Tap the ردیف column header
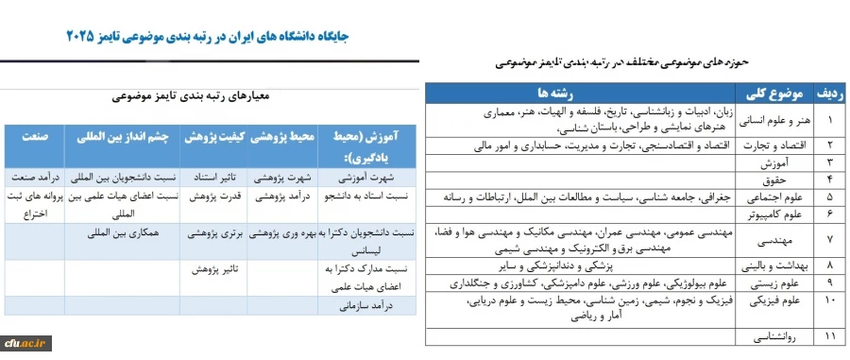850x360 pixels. tap(830, 94)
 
